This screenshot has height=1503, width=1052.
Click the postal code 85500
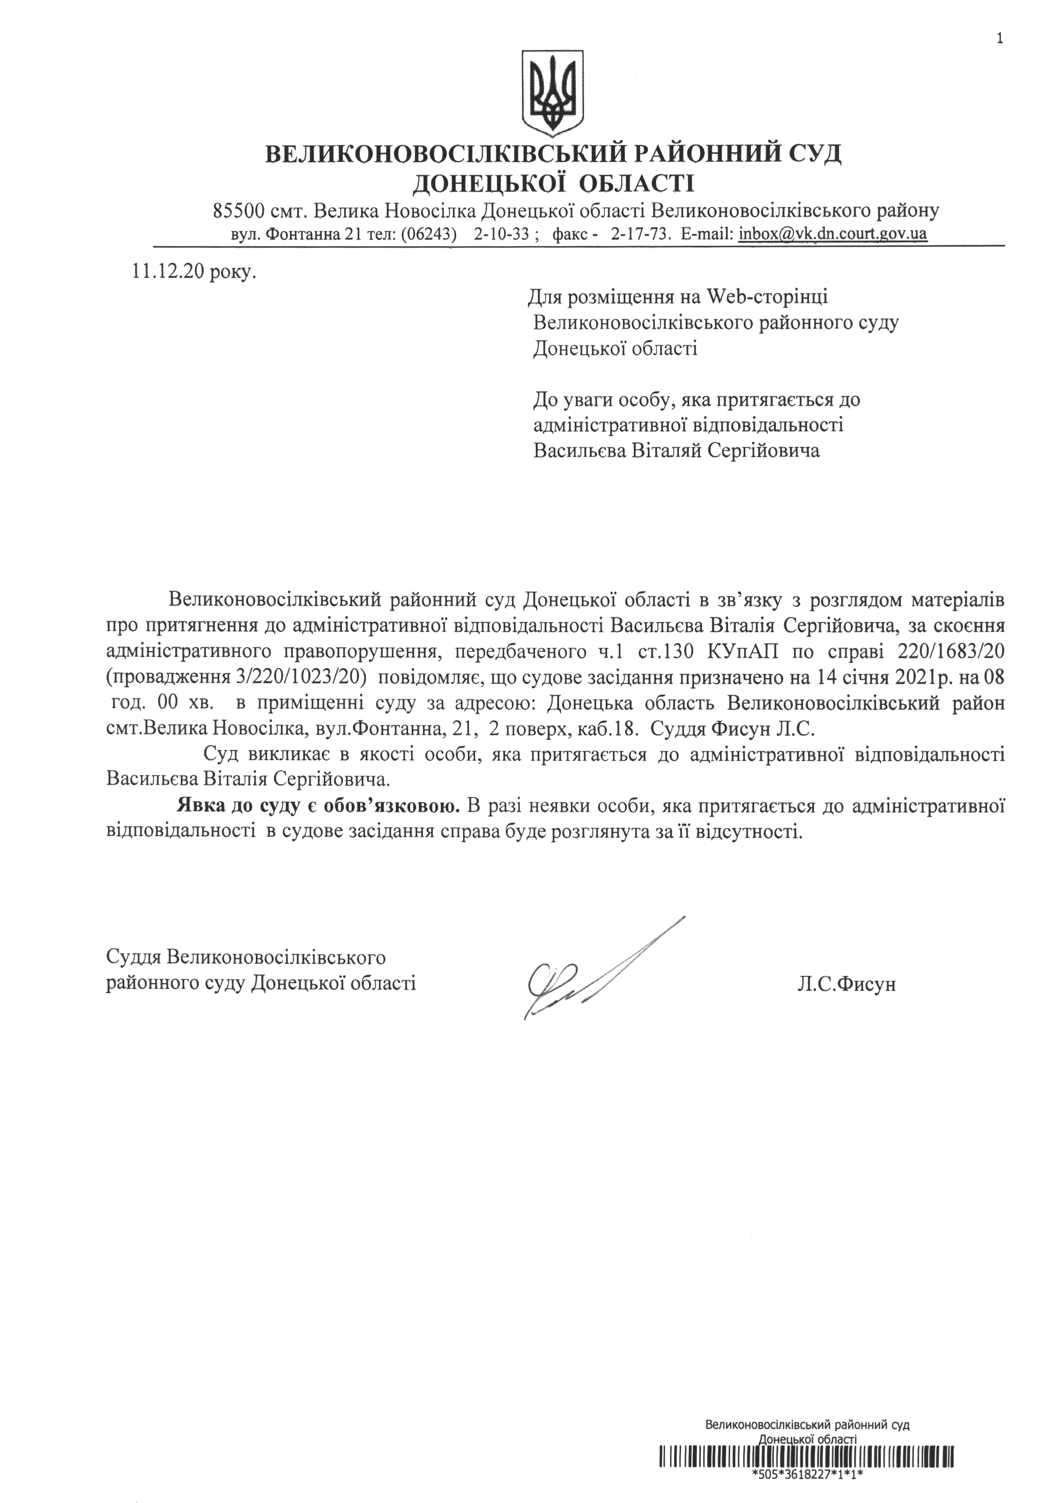pos(238,211)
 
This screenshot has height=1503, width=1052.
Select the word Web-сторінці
pos(767,297)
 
